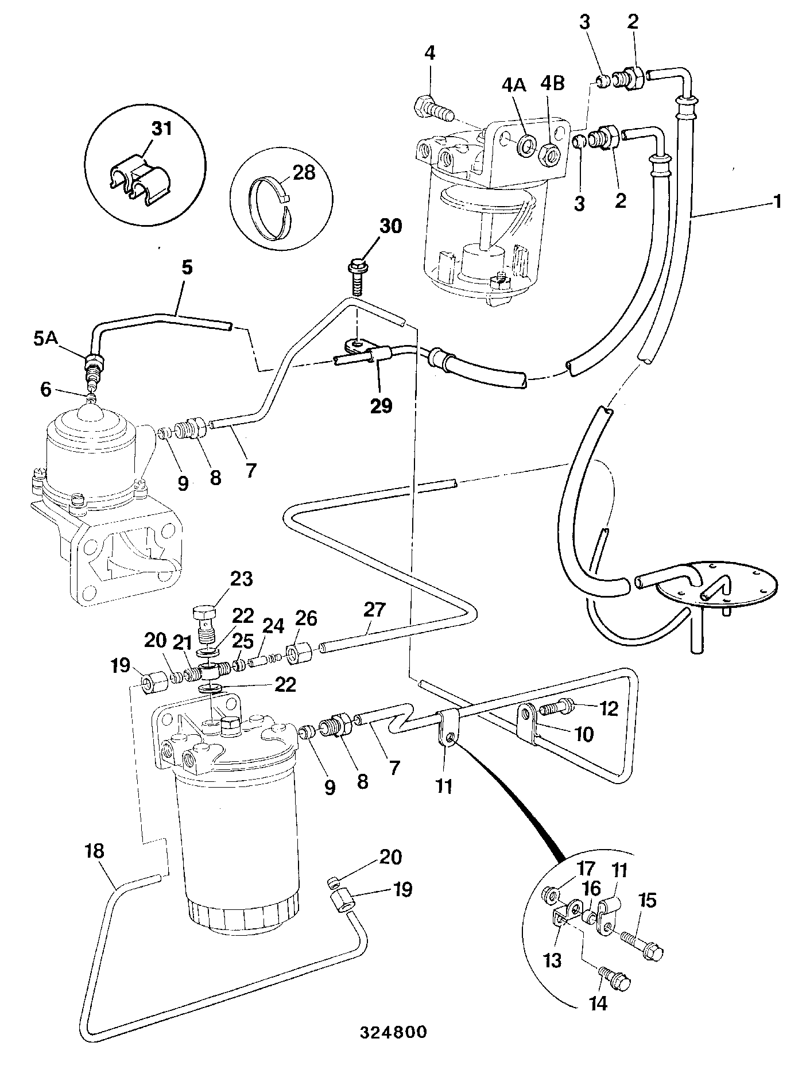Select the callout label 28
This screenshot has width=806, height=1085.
point(304,172)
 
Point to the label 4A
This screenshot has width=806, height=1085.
point(513,84)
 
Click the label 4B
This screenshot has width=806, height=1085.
point(552,84)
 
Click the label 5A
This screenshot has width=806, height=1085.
point(46,339)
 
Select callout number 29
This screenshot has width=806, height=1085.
point(381,405)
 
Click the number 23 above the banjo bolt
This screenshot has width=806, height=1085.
point(241,579)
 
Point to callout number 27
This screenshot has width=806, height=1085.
point(374,609)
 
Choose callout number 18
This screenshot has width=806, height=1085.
point(95,851)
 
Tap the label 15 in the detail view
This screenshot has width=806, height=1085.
point(647,901)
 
